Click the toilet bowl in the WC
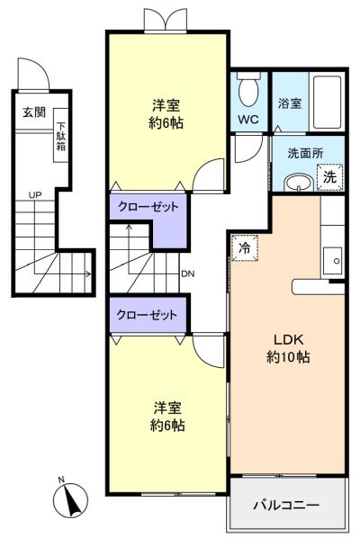click(248, 90)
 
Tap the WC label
click(248, 120)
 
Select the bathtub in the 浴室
click(327, 102)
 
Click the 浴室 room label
click(290, 103)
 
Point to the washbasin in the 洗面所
click(298, 183)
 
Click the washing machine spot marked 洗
click(329, 177)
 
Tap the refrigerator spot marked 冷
click(245, 247)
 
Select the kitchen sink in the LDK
click(332, 261)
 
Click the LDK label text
click(289, 340)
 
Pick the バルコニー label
click(286, 505)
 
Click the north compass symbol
click(71, 499)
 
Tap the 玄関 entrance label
click(34, 112)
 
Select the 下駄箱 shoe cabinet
click(61, 135)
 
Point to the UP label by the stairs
click(35, 195)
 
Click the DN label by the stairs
click(188, 273)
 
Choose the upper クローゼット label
click(148, 207)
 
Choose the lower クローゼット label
click(147, 315)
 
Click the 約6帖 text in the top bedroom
click(166, 123)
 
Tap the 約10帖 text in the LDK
click(289, 357)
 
